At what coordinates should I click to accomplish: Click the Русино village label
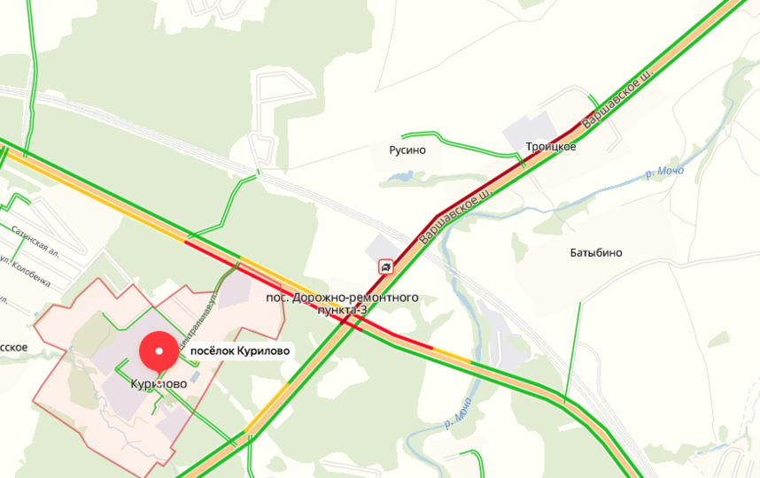point(407,150)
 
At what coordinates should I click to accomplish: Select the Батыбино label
point(595,252)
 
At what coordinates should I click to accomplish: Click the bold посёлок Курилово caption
point(240,351)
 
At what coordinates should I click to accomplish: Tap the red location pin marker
point(159,351)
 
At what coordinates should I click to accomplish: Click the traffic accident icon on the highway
point(386,266)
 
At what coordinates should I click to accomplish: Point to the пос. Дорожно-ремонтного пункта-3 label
point(342,304)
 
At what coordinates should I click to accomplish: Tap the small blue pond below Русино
point(401,178)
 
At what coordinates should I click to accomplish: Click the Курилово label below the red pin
point(158,383)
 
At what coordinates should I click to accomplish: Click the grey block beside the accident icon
point(379,248)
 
